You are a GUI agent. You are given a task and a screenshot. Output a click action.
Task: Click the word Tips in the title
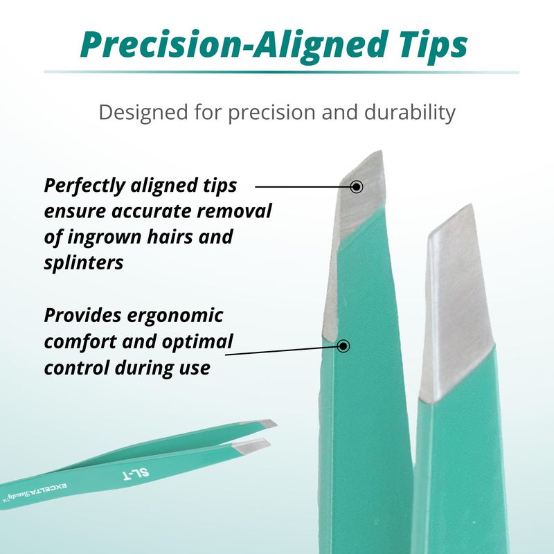tap(434, 46)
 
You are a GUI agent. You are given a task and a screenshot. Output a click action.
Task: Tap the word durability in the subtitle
tap(410, 112)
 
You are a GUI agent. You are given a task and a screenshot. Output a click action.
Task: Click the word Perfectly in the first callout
tap(84, 186)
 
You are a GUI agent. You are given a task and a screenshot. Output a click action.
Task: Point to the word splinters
tap(84, 263)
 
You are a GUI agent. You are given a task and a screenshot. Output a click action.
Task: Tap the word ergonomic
tap(175, 316)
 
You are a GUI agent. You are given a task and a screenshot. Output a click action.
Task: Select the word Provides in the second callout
tap(82, 315)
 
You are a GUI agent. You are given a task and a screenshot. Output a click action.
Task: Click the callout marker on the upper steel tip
tap(357, 186)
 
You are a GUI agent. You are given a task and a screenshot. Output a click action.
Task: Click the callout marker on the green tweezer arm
tap(343, 346)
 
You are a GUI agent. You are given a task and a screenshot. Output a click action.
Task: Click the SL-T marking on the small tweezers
tap(136, 474)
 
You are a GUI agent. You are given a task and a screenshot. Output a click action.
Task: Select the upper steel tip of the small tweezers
tap(259, 423)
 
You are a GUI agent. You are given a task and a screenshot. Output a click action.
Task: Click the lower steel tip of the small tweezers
tap(251, 446)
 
